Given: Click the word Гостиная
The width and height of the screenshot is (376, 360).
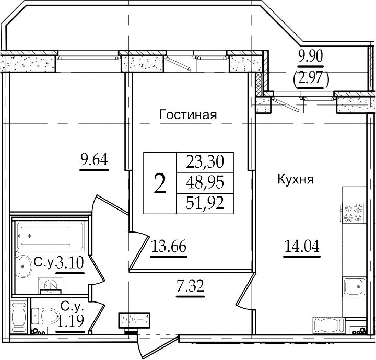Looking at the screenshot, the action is (188, 115).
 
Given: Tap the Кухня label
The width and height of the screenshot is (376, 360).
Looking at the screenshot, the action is (296, 179).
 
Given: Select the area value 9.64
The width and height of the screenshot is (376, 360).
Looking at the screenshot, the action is (94, 159).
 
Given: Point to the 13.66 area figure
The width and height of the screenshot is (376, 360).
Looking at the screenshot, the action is (169, 246).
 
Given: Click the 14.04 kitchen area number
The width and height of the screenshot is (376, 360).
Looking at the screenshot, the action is (302, 246).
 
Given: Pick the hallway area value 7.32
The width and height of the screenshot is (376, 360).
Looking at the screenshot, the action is (191, 286).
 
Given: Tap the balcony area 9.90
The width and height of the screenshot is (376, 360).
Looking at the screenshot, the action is (311, 56).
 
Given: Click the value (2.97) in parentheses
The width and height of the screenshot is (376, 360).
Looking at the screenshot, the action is (311, 78).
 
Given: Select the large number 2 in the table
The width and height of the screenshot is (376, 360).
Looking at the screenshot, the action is (160, 183).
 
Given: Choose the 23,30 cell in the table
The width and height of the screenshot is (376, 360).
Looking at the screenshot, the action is (205, 162).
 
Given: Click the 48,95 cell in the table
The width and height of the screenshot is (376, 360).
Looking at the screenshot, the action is (205, 183).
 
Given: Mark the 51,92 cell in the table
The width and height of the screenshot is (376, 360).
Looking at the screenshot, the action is (205, 203).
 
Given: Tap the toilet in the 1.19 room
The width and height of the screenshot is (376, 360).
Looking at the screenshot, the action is (45, 316).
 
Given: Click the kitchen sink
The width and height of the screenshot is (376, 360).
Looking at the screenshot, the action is (355, 287).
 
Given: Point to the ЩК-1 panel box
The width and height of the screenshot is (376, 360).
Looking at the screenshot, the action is (134, 320).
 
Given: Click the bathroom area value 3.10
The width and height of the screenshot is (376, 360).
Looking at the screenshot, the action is (70, 263).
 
